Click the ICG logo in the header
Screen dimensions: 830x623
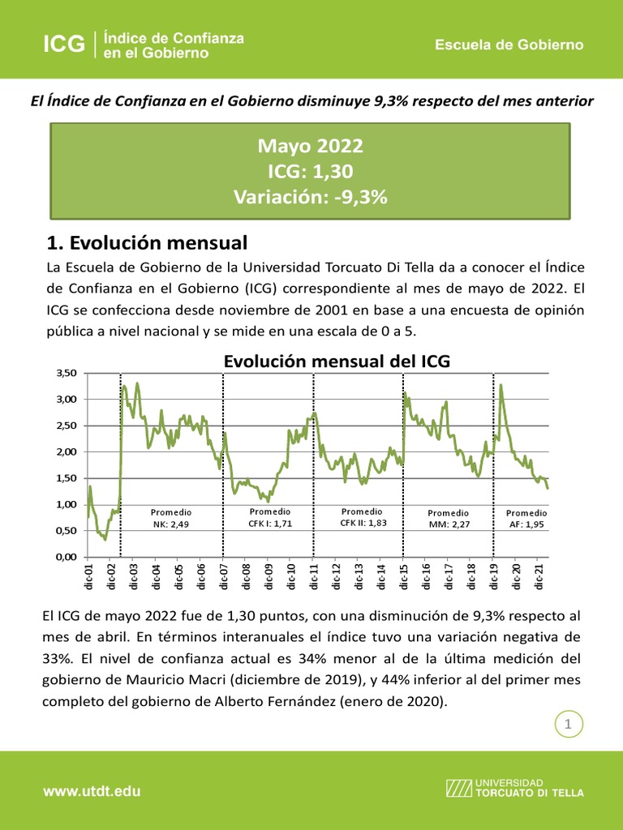click(64, 45)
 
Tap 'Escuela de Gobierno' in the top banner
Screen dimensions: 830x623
click(509, 45)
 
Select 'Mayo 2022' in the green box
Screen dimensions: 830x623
click(311, 147)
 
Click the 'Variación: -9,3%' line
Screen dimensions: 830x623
click(311, 197)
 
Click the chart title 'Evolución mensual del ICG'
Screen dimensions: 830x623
click(336, 362)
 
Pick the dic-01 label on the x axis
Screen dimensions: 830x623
click(89, 580)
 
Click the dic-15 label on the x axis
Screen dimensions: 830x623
click(404, 580)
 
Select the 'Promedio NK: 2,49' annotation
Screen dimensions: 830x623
click(171, 519)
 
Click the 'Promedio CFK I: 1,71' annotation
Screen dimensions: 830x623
click(269, 518)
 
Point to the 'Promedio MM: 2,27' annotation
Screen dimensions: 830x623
click(449, 519)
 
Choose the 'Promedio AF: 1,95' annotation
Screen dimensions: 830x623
click(526, 519)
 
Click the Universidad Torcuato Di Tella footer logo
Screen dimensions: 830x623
click(514, 787)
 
